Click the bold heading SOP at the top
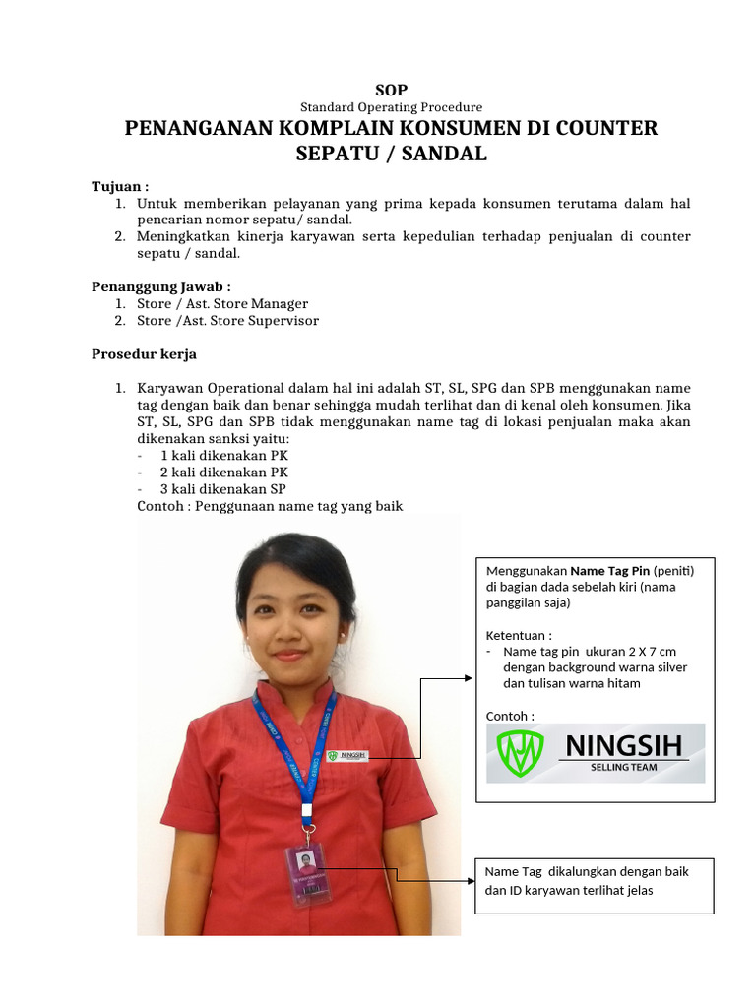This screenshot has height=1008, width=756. [x=391, y=90]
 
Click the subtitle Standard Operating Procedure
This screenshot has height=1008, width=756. [x=391, y=107]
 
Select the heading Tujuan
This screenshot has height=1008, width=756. [x=120, y=186]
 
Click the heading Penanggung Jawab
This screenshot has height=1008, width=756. [x=161, y=286]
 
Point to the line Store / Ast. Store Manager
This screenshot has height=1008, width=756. [x=222, y=304]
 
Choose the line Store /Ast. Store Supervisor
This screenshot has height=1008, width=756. [x=227, y=321]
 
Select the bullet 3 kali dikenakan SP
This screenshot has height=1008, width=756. [x=223, y=489]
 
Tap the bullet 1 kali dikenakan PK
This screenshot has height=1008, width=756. [x=224, y=456]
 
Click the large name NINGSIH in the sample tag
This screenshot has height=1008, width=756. [x=624, y=746]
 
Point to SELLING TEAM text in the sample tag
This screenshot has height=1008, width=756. [x=624, y=767]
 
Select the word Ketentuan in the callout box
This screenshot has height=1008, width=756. [x=516, y=635]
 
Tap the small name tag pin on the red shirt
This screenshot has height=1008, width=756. [x=347, y=755]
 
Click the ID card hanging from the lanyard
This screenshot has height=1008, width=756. [x=308, y=873]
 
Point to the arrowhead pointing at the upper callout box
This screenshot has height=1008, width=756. [x=468, y=678]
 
